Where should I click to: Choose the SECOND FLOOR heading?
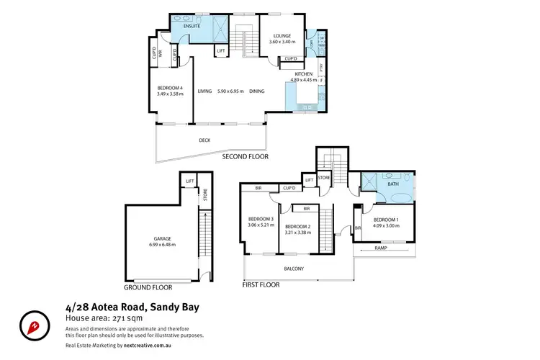click(x=244, y=156)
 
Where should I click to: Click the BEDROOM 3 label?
click(x=260, y=219)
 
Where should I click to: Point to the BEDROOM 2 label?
click(x=297, y=226)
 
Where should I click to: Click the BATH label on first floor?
click(x=392, y=184)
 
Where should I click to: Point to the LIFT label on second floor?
click(x=221, y=51)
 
